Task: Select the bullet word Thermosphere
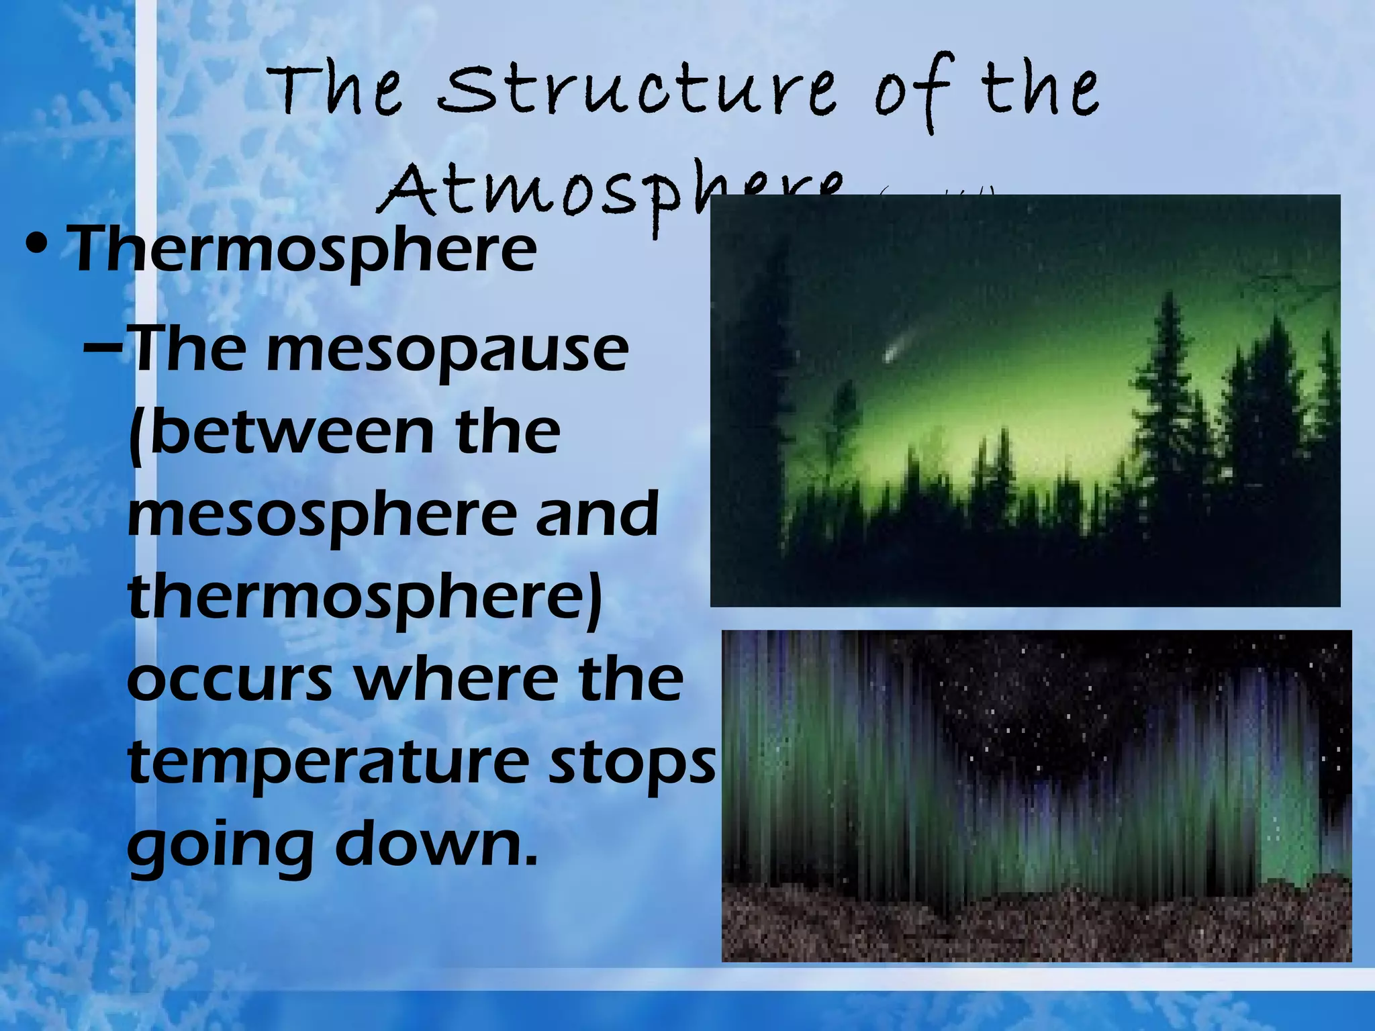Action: point(302,250)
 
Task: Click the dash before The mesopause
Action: point(104,349)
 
